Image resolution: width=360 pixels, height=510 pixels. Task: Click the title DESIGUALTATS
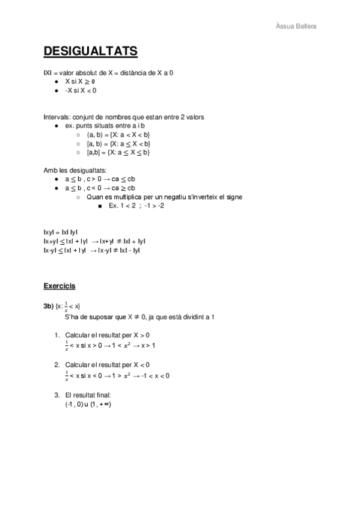(x=90, y=51)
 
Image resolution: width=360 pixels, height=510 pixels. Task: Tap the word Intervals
(x=56, y=116)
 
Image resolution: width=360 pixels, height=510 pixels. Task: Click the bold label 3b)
(x=48, y=307)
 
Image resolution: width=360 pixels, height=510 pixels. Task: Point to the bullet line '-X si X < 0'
(x=81, y=90)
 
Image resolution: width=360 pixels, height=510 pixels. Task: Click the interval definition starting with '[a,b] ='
(x=118, y=153)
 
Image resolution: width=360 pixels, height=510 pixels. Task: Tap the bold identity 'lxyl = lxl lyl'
(x=61, y=232)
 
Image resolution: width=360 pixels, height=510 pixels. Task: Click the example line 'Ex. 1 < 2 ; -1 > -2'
(x=136, y=206)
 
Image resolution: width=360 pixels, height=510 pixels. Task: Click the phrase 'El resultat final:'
(x=88, y=395)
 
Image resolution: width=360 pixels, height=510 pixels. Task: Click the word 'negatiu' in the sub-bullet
(x=182, y=197)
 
